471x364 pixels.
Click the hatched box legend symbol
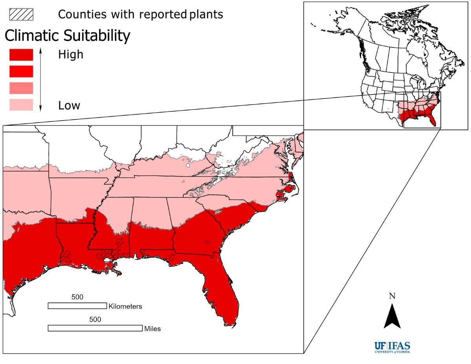[21, 14]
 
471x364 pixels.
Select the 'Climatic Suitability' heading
[67, 36]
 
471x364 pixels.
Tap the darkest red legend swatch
[21, 55]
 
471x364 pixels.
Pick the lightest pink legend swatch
[21, 105]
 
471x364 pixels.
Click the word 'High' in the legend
[71, 55]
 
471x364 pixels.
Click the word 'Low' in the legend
[69, 105]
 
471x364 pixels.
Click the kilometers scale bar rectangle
[77, 305]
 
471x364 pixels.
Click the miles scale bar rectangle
[95, 328]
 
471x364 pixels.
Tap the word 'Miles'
[152, 329]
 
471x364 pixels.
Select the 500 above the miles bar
[95, 319]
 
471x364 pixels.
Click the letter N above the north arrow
[392, 296]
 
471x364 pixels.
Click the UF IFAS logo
[392, 347]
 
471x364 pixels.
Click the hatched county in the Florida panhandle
[172, 257]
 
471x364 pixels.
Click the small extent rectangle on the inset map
[422, 110]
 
